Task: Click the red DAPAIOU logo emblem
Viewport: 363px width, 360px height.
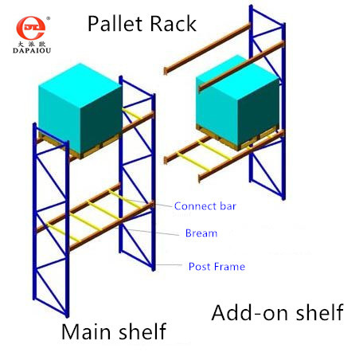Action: click(30, 28)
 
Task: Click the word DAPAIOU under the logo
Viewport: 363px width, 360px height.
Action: click(32, 50)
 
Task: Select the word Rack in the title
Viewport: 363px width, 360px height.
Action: click(174, 24)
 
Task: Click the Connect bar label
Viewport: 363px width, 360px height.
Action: click(205, 206)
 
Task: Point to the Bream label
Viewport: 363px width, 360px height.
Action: click(201, 233)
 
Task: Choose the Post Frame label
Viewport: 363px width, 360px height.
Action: click(217, 267)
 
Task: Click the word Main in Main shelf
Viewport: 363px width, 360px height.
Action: click(88, 331)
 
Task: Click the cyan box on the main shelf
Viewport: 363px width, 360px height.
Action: click(80, 108)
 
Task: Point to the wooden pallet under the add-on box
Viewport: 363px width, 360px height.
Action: click(236, 138)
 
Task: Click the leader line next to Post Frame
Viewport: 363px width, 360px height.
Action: click(169, 264)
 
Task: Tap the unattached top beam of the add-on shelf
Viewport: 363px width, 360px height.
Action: click(207, 49)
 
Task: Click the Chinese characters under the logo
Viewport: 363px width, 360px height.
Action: click(32, 44)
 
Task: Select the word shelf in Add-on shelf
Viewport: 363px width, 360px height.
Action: click(320, 312)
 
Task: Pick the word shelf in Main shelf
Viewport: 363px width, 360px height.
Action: click(142, 331)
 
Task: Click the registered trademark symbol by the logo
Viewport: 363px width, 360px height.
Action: click(48, 18)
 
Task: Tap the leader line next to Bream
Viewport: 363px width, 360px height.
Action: click(150, 232)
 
